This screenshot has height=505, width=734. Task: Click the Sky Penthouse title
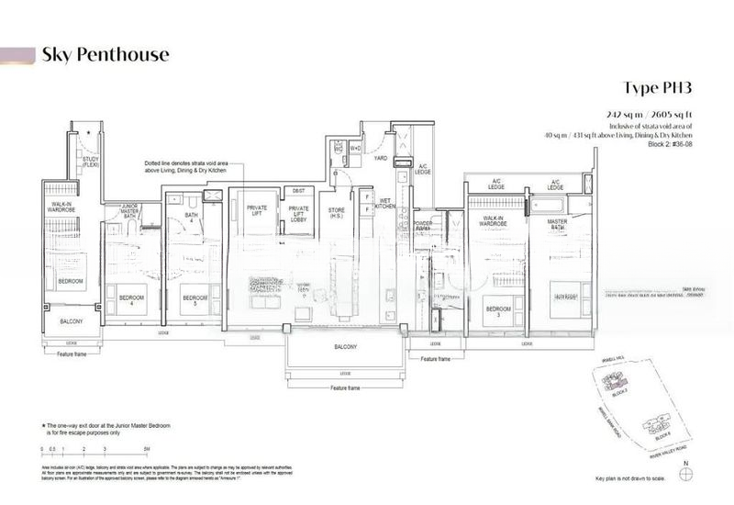pyautogui.click(x=106, y=55)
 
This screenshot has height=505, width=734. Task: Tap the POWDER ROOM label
pyautogui.click(x=423, y=227)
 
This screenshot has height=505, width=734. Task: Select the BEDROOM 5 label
pyautogui.click(x=193, y=299)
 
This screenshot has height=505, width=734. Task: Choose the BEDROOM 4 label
pyautogui.click(x=124, y=299)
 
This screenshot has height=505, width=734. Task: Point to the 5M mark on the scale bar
pyautogui.click(x=147, y=447)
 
